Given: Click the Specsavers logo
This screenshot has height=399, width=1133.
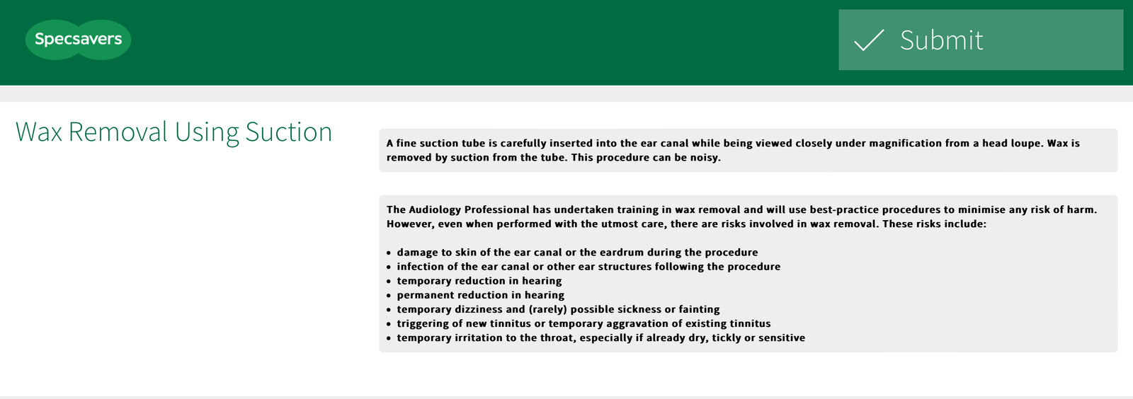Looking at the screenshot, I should [x=78, y=40].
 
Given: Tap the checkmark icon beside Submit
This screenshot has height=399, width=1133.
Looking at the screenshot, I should [x=869, y=40].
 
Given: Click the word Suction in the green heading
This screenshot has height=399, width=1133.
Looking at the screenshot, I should [x=289, y=132].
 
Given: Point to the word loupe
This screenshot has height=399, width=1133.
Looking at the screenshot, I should [x=1025, y=143].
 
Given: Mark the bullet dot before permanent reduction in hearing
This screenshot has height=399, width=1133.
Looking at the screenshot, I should [x=389, y=296].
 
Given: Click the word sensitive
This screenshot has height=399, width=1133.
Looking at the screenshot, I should [x=779, y=337].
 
